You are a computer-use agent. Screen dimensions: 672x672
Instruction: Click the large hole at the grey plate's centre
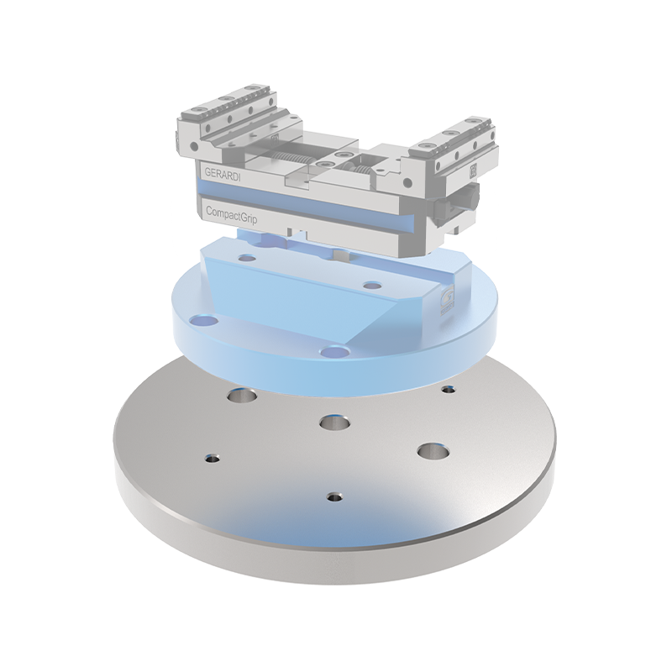[x=335, y=423]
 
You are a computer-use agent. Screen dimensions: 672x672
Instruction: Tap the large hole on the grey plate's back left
[x=243, y=395]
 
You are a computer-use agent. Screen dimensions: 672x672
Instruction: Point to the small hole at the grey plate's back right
[x=449, y=390]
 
